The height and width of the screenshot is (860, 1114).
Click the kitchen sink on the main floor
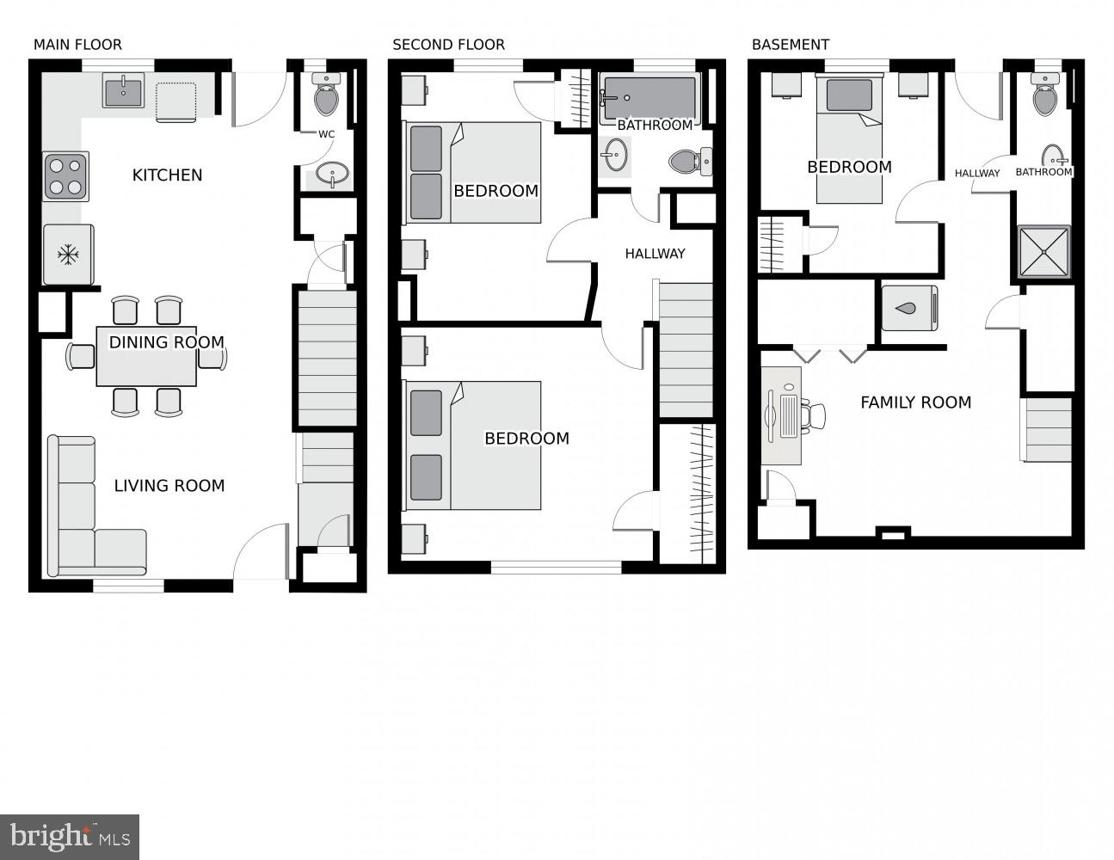pos(123,90)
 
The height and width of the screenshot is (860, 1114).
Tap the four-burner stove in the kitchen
pos(65,176)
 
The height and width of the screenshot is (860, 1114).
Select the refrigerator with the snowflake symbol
pos(68,255)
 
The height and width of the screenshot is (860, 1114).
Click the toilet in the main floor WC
pos(326,97)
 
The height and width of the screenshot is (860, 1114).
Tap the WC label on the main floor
pos(326,134)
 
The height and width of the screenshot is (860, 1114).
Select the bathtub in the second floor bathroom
pos(649,97)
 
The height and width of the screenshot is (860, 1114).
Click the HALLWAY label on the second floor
pos(655,254)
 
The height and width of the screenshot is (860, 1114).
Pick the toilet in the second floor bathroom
pos(688,161)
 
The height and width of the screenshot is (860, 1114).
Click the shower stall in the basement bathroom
pos(1044,251)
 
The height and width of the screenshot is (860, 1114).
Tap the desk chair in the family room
pos(813,415)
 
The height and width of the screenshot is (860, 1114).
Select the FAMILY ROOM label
pos(915,402)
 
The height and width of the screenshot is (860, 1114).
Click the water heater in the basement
pos(909,308)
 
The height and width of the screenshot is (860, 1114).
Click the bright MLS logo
pos(70,837)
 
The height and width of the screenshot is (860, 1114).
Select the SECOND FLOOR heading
pos(448,45)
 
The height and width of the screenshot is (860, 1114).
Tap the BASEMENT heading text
pos(790,45)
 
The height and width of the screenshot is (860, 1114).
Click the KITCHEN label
pos(167,175)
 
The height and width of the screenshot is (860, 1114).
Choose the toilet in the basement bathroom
pos(1045,97)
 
